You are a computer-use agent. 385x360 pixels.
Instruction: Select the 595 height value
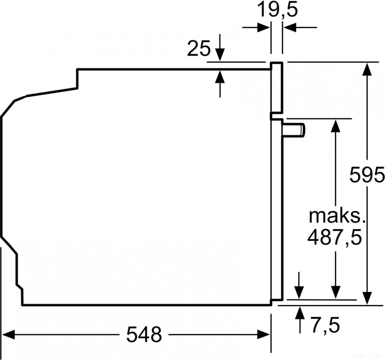coord(367,174)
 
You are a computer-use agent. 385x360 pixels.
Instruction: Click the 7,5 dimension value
coord(325,326)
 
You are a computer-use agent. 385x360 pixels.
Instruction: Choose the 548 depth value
coord(144,335)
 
